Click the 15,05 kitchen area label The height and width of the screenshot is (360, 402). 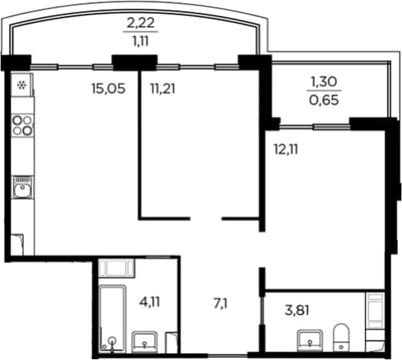[109, 88]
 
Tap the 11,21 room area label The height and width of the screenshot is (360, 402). [162, 88]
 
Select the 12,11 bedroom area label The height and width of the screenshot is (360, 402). [286, 149]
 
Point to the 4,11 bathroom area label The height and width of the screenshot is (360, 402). [149, 302]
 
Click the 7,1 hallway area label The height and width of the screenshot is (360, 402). [221, 305]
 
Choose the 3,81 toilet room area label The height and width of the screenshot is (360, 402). [297, 311]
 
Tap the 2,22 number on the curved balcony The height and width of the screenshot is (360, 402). [141, 23]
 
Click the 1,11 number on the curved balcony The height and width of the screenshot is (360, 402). [141, 41]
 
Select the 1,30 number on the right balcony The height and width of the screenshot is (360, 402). [324, 82]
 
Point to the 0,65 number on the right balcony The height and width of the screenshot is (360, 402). [324, 100]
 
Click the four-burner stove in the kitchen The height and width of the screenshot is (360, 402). [22, 125]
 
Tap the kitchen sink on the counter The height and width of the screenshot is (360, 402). [22, 187]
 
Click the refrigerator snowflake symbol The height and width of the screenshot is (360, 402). [22, 85]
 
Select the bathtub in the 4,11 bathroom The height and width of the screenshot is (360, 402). [112, 318]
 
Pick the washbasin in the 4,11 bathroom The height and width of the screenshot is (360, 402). [145, 342]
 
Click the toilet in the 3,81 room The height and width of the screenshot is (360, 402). [341, 337]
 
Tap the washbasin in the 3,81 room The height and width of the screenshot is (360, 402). [310, 340]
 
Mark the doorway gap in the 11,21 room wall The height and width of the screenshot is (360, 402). [206, 218]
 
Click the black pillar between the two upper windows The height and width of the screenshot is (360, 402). [135, 62]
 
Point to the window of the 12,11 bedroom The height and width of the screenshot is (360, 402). [315, 126]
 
